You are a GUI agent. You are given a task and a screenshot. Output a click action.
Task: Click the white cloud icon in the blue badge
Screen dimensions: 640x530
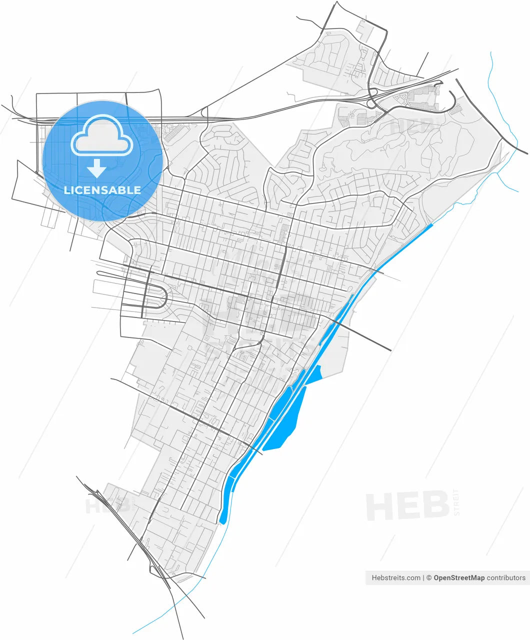pos(102,136)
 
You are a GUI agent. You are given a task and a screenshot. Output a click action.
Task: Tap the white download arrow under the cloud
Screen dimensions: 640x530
pos(96,169)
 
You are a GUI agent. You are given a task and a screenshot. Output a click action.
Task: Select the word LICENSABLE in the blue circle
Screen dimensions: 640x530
pos(102,190)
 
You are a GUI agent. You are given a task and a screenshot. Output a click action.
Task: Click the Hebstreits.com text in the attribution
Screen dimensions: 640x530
pos(396,577)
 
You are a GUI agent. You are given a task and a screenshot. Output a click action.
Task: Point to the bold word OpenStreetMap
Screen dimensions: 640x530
pos(458,577)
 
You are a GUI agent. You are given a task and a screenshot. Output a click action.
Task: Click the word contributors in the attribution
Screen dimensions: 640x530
pos(506,577)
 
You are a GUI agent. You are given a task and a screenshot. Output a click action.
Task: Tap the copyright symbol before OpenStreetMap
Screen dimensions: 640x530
pos(428,577)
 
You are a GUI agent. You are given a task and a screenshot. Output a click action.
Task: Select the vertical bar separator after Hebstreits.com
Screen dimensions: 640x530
pos(423,577)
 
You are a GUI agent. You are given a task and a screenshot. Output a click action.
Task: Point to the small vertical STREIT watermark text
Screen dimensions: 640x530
pos(455,501)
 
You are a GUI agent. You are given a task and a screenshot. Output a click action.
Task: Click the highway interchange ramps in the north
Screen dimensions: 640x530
pos(373,97)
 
